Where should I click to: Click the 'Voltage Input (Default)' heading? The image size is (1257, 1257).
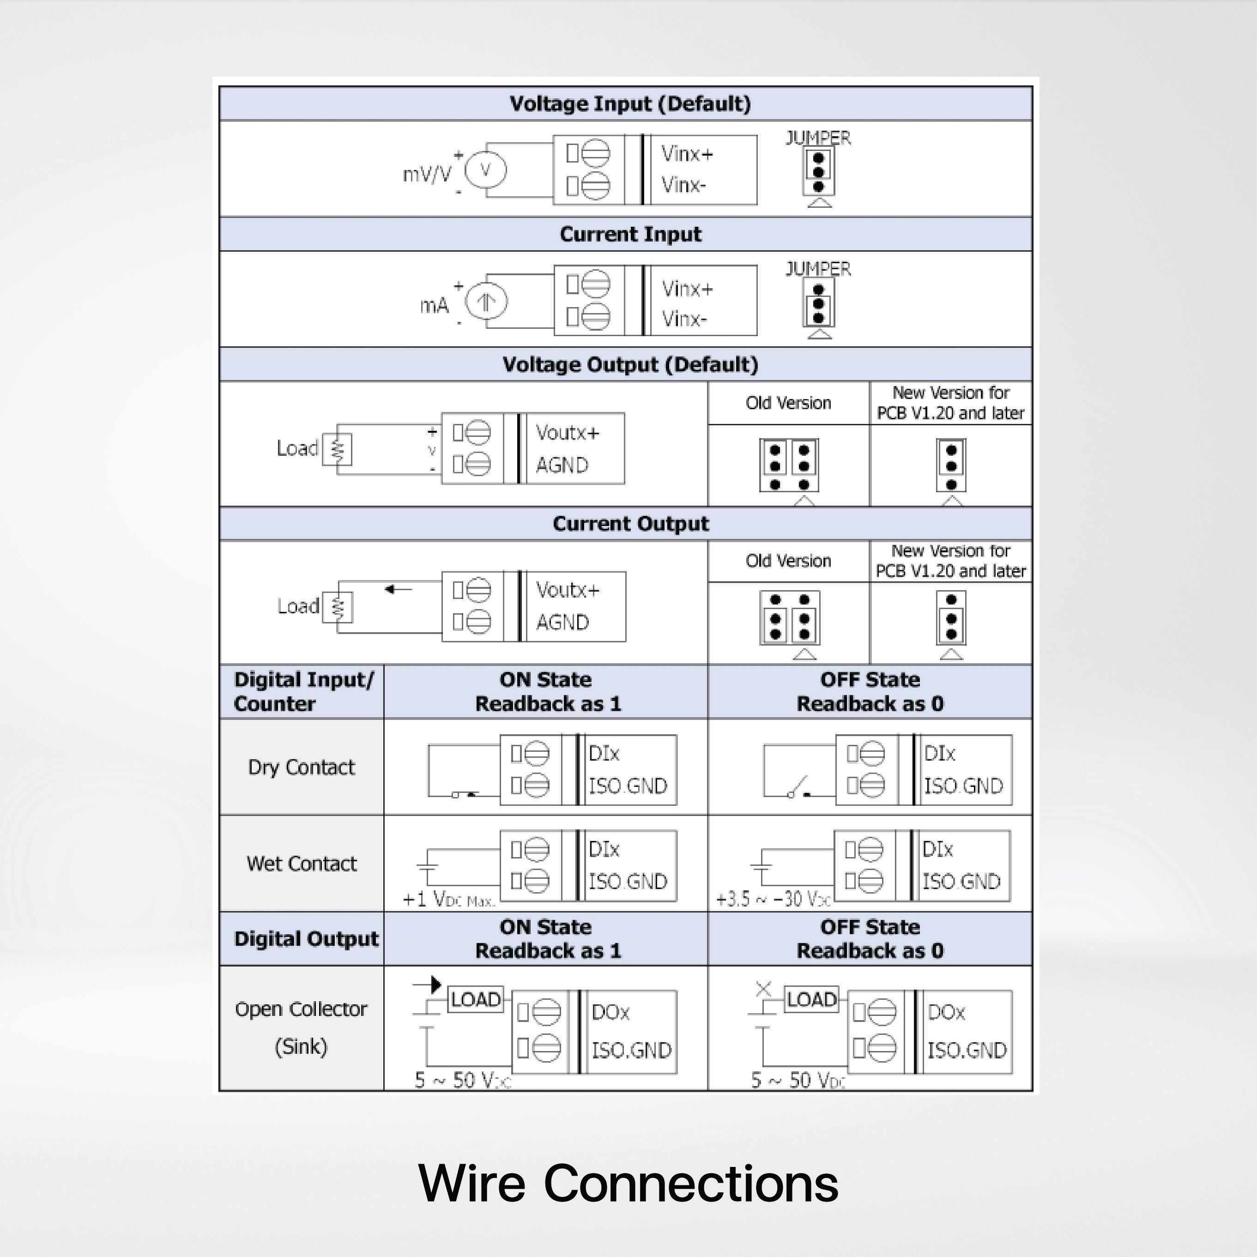(630, 104)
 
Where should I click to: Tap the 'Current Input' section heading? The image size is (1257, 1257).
(630, 234)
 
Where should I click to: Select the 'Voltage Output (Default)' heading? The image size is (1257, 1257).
(630, 364)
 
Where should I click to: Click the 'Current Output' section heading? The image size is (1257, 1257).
(630, 524)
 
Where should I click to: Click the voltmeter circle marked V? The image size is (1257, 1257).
(485, 170)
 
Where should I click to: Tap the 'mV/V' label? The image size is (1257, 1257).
(427, 175)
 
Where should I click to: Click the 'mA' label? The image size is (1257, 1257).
(434, 305)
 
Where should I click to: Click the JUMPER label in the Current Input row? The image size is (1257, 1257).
(818, 269)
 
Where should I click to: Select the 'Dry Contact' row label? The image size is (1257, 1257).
(301, 767)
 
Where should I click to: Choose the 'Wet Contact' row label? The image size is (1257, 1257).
(301, 864)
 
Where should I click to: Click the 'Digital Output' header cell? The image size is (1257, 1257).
(306, 939)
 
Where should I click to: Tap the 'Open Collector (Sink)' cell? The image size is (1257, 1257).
(301, 1027)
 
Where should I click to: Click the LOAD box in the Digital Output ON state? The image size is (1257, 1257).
(476, 999)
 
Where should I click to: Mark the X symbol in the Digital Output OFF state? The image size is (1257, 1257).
(763, 990)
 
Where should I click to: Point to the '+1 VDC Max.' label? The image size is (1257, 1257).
(448, 900)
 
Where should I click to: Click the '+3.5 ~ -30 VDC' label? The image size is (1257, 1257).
(773, 900)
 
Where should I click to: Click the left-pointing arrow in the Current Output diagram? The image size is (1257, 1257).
(398, 589)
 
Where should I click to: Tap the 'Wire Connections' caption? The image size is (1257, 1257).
(628, 1183)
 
